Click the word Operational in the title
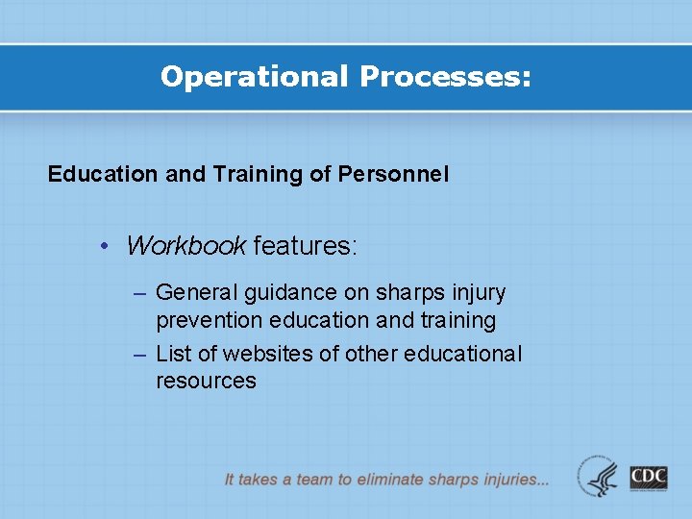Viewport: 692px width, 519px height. (255, 77)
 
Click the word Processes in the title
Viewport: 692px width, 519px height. (444, 77)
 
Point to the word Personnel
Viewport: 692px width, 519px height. (393, 174)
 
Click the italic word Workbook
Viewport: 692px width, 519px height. (185, 246)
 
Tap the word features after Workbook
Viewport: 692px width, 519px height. (304, 246)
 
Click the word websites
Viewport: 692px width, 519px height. (276, 354)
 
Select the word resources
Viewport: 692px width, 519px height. (206, 381)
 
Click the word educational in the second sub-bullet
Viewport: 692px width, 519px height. (463, 354)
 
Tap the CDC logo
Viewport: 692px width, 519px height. (649, 477)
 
